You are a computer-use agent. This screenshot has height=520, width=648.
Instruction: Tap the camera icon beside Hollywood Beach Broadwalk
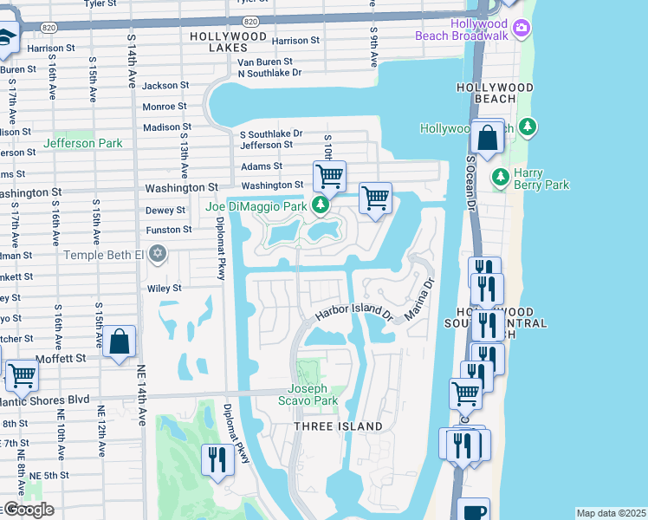(x=521, y=29)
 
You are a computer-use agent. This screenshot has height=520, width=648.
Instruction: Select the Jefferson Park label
(x=83, y=143)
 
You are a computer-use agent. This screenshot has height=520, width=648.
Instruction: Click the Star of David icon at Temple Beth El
(x=157, y=254)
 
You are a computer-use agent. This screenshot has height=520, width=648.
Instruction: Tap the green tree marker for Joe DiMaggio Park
(x=321, y=205)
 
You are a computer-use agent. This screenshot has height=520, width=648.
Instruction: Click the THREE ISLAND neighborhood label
(x=338, y=426)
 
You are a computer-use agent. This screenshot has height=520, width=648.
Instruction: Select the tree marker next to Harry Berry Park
(x=500, y=178)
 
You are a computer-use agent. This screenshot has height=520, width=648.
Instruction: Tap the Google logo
(x=28, y=510)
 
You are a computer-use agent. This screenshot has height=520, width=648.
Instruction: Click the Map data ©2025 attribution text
(x=611, y=513)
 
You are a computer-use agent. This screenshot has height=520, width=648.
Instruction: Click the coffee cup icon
(x=473, y=511)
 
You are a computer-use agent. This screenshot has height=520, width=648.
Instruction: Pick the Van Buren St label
(x=266, y=62)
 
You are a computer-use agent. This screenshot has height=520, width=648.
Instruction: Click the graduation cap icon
(x=5, y=37)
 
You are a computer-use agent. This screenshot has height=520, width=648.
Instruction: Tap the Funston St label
(x=169, y=230)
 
